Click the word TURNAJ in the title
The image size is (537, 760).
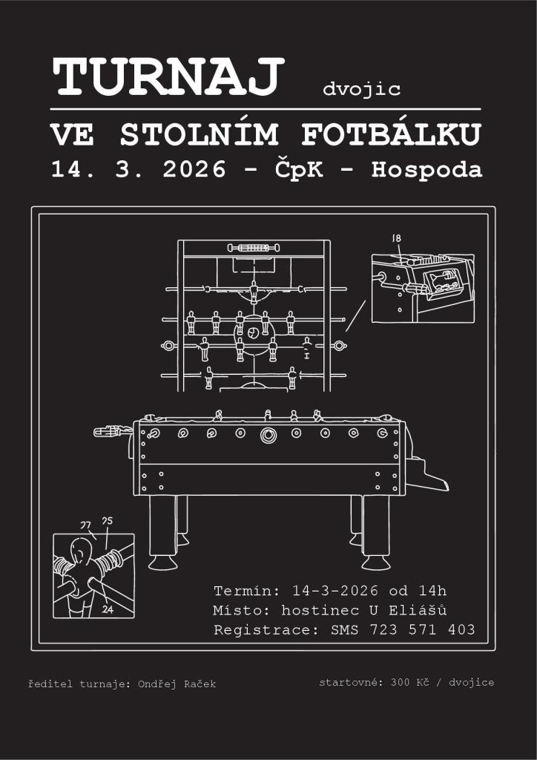(168, 76)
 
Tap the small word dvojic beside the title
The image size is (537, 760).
(362, 90)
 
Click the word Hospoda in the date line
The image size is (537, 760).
(427, 170)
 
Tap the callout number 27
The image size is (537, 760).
(85, 525)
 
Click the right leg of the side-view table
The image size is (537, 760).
(375, 531)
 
